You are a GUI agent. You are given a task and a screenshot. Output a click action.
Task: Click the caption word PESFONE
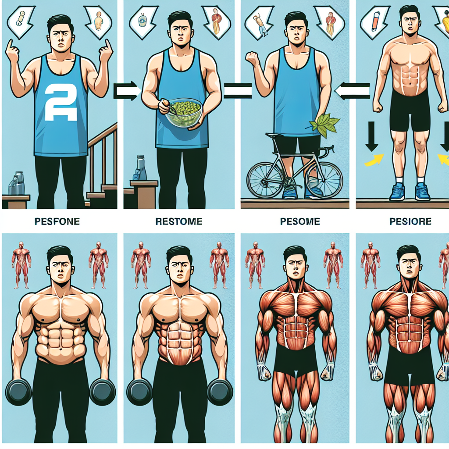click(57, 221)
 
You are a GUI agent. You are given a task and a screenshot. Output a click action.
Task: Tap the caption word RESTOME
click(179, 221)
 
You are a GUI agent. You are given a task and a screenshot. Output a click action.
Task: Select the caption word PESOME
click(300, 221)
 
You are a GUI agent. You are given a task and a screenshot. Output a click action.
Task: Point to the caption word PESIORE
click(410, 221)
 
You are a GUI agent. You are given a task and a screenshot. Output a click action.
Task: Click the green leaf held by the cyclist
click(325, 125)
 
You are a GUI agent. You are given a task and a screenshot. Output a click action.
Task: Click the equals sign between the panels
click(238, 91)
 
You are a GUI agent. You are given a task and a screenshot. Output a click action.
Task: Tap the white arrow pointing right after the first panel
click(126, 91)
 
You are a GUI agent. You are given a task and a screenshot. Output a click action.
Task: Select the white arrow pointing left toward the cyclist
click(352, 91)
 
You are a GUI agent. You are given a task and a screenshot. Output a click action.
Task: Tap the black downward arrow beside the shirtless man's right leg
click(372, 136)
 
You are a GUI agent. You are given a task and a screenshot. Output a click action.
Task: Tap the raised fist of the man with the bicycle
click(252, 59)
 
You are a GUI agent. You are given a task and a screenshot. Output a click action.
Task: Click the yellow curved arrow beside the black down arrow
click(374, 160)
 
